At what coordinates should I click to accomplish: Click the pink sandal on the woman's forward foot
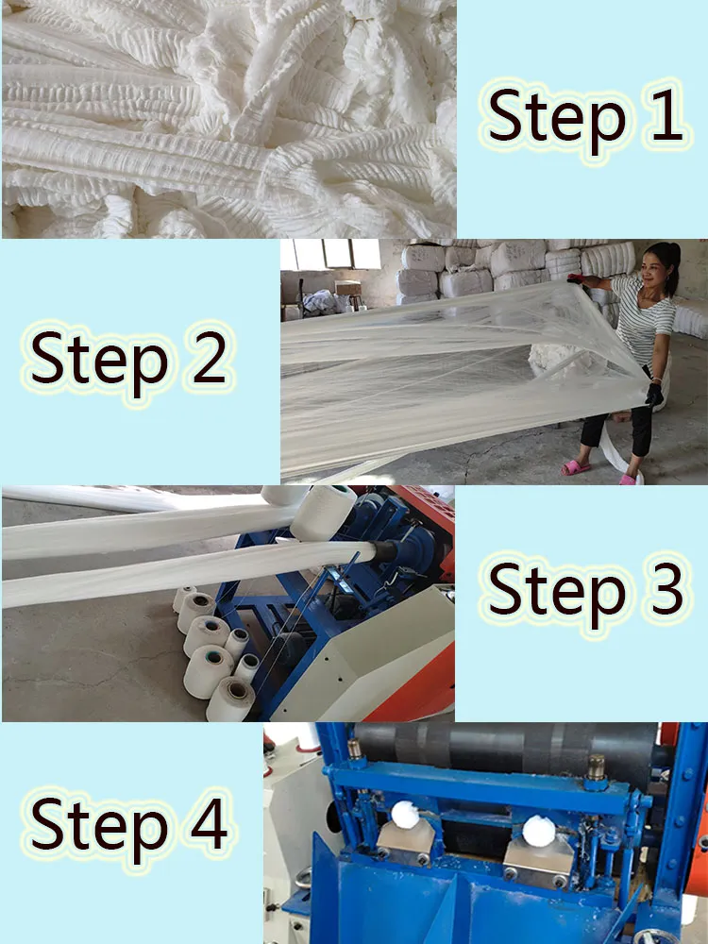click(x=575, y=467)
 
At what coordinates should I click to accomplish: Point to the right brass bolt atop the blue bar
click(x=597, y=767)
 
